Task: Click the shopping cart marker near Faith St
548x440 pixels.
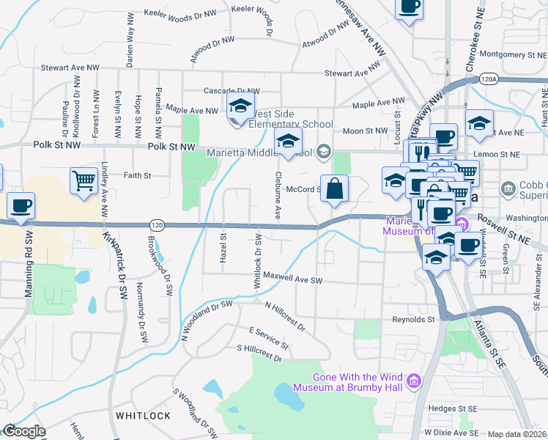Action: tap(84, 180)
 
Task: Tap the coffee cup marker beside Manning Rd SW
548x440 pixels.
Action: tap(21, 205)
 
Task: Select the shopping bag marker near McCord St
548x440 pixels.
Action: tap(334, 188)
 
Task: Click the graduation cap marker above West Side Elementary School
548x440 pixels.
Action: tap(240, 106)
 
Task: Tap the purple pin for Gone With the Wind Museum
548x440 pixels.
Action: tap(415, 380)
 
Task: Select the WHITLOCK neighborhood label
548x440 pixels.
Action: tap(143, 416)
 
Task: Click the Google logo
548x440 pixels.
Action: tap(23, 431)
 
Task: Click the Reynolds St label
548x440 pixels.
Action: tap(413, 320)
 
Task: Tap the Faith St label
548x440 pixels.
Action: tap(137, 176)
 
